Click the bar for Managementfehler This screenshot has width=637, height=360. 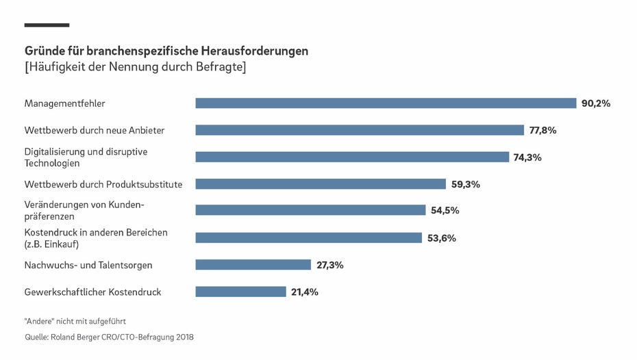point(386,103)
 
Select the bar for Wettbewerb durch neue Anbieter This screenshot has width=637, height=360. point(360,130)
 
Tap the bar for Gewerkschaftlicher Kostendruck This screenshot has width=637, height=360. point(240,292)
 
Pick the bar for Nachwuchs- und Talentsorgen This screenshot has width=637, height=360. point(253,265)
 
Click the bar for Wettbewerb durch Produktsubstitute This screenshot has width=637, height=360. point(321,184)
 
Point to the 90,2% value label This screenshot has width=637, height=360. point(595,103)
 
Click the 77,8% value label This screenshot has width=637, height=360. point(542,130)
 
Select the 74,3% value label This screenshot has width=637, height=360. point(527,157)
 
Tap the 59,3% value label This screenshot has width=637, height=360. point(465,184)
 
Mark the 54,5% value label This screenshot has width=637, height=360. point(445,211)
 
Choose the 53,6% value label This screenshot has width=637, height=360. point(441,238)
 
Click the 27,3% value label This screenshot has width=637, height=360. point(329,265)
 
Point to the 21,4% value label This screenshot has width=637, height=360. point(304,292)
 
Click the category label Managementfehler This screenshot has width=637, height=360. point(64,103)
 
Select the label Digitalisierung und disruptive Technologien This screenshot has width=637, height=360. point(86,157)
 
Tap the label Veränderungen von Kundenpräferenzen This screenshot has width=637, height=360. point(84,211)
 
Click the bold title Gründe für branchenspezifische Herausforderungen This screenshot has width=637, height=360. point(166,51)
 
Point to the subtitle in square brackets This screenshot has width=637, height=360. point(135,67)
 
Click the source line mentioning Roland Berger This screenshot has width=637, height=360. point(109,337)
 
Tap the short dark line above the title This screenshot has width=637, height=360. point(47,25)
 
